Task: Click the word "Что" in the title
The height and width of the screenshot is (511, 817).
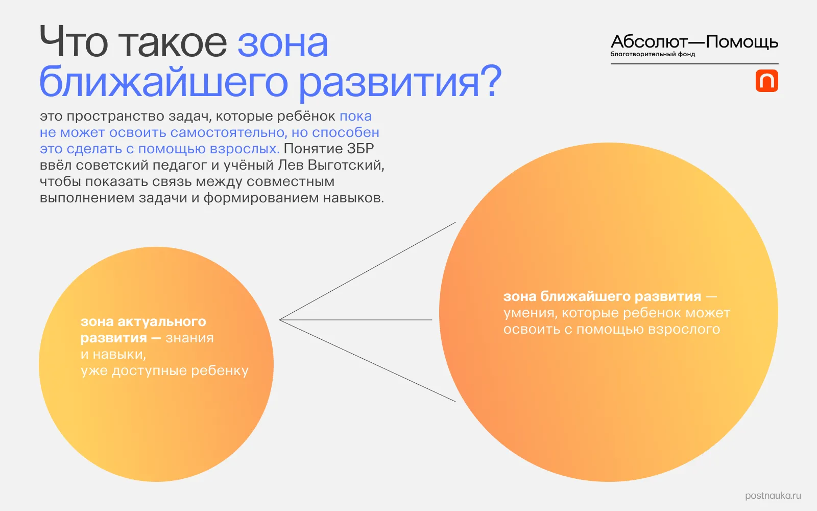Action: click(x=74, y=43)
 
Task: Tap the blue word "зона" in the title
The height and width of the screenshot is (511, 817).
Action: click(x=282, y=43)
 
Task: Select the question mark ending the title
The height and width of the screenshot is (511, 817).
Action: click(x=491, y=82)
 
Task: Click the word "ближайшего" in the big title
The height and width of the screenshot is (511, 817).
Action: click(x=164, y=82)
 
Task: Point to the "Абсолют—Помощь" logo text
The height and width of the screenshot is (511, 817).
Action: click(x=694, y=42)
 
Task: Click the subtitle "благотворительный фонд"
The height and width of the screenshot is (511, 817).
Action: click(x=653, y=54)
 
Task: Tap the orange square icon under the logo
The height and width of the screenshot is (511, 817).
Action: click(x=766, y=81)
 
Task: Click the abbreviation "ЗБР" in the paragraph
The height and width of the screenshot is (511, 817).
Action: click(x=361, y=149)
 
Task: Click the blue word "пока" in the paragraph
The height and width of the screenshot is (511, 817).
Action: click(x=355, y=116)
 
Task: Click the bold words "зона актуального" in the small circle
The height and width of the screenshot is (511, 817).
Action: click(x=143, y=322)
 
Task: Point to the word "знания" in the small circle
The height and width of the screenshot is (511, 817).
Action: click(x=189, y=338)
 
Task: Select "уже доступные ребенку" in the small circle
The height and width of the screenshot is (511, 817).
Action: click(x=164, y=371)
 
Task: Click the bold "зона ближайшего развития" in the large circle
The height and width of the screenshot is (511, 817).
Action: click(x=602, y=297)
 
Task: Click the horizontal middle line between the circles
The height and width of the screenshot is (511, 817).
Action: click(x=357, y=320)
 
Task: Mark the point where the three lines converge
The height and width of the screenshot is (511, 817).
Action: click(x=280, y=320)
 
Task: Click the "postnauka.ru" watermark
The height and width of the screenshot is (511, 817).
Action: click(x=773, y=496)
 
